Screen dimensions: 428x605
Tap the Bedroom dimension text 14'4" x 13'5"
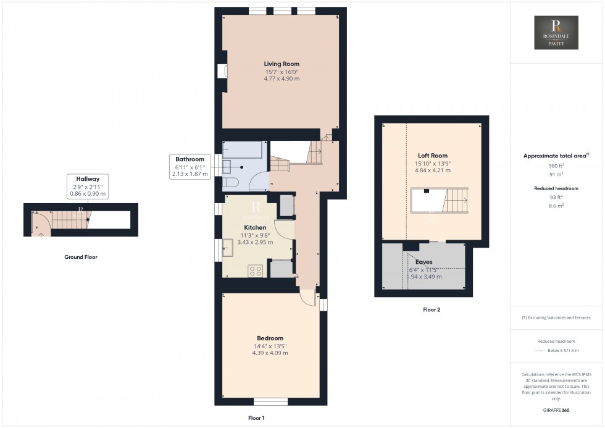270,346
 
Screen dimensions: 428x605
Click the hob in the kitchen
256,271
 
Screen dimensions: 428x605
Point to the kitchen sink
228,250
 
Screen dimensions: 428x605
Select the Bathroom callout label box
189,167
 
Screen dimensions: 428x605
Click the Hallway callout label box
87,186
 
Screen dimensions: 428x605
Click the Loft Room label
432,156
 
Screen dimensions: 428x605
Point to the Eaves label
424,262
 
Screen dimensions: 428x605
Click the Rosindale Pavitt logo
556,33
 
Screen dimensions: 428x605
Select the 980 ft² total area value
556,166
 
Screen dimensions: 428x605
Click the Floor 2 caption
431,309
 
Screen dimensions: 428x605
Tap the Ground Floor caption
81,257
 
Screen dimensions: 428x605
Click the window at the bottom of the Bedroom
270,402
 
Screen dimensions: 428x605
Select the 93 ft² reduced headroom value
556,198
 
